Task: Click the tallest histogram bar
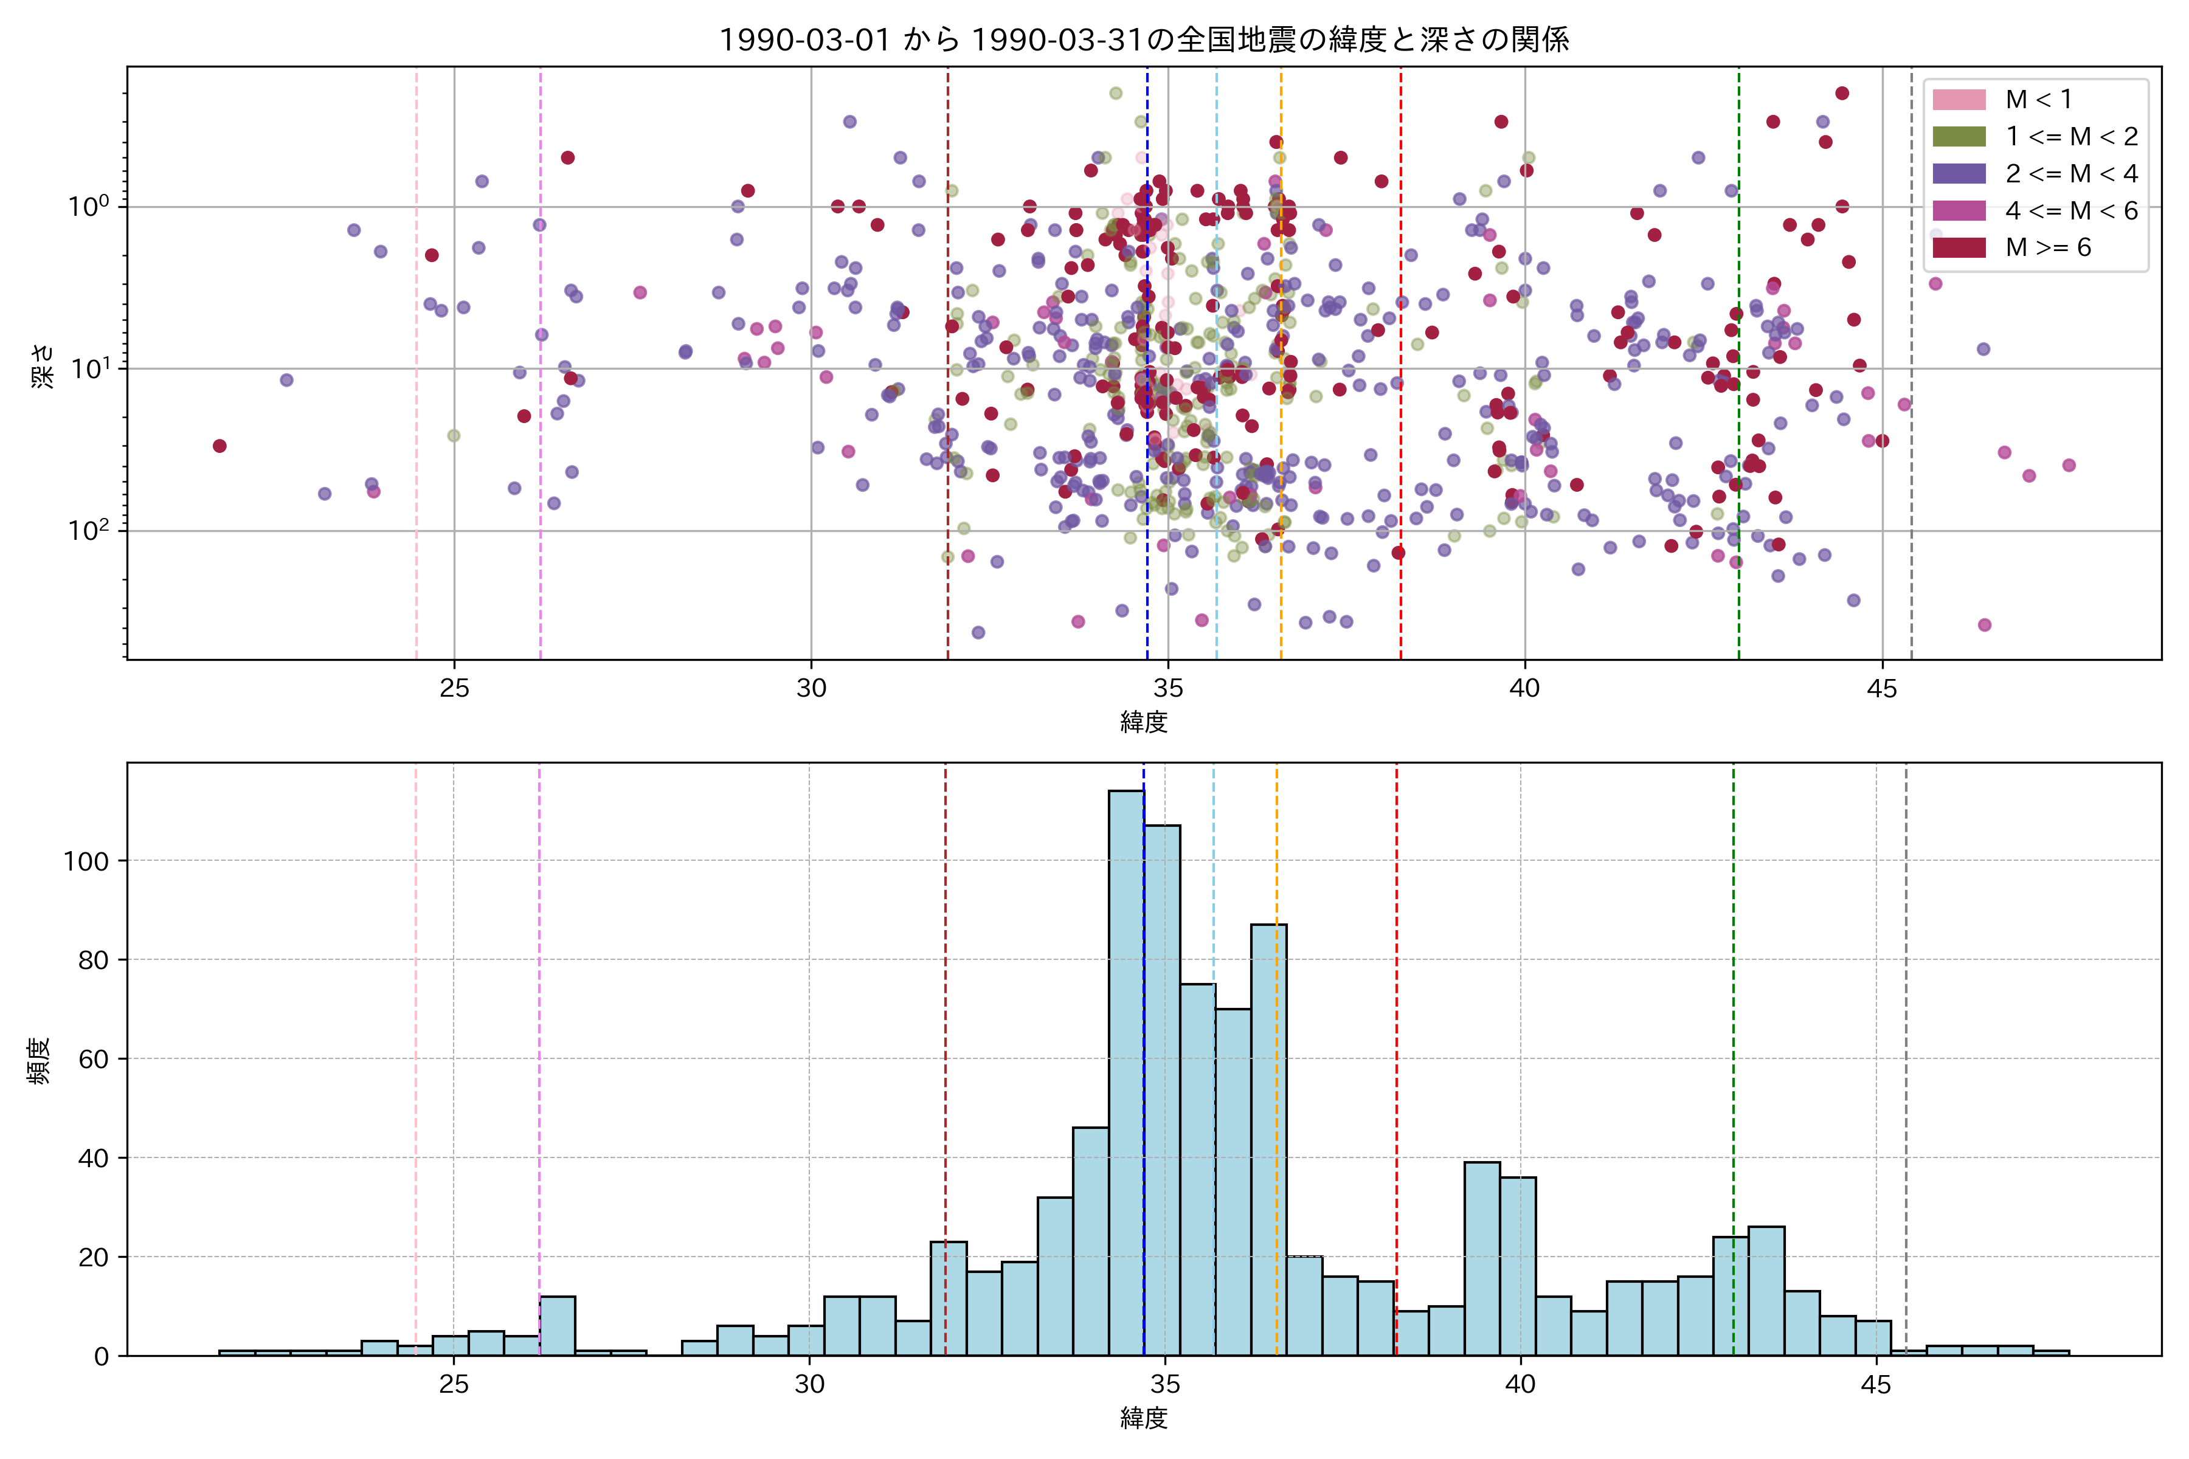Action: pos(1126,1070)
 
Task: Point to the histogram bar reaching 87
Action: pos(1268,1140)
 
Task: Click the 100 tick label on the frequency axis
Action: pos(86,861)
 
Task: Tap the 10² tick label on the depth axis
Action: pos(88,530)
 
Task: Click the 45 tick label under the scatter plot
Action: pos(1882,689)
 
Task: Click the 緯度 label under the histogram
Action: pos(1144,1419)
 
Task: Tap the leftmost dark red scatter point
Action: pos(220,446)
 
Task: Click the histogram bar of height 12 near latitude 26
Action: pos(556,1325)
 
